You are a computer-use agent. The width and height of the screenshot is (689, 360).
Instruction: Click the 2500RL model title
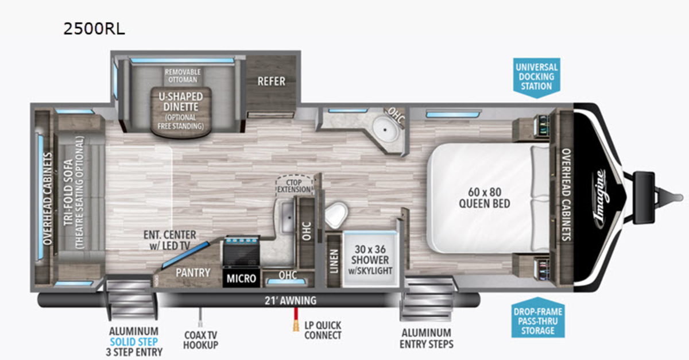(94, 29)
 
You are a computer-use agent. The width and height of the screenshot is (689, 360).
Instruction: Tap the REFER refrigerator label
(271, 81)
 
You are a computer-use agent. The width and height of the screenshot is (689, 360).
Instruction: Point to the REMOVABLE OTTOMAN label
(183, 76)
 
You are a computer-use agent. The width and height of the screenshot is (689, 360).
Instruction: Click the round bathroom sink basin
(385, 130)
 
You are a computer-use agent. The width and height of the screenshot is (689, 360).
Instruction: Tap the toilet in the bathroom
(336, 215)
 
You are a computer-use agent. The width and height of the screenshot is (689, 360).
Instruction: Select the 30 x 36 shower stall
(370, 259)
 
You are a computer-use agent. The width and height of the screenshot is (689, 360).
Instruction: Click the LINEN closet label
(334, 261)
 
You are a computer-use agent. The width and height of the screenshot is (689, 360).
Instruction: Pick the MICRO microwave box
(241, 278)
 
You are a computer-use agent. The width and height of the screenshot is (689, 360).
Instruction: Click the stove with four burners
(242, 252)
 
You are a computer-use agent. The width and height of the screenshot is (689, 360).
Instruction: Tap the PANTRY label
(193, 273)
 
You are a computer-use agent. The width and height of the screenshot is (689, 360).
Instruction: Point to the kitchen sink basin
(287, 217)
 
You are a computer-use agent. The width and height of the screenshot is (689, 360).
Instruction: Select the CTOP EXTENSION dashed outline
(294, 185)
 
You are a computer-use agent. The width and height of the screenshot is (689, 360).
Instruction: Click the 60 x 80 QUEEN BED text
(485, 198)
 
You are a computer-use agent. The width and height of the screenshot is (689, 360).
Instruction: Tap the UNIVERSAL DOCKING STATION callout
(537, 78)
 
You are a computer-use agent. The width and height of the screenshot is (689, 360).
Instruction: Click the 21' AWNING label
(291, 300)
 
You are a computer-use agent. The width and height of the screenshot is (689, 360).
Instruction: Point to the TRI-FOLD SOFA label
(68, 192)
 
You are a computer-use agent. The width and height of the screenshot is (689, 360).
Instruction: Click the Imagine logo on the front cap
(600, 199)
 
